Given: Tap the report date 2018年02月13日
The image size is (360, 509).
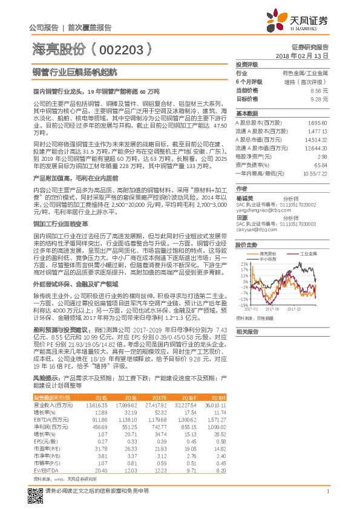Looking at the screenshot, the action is click(309, 55).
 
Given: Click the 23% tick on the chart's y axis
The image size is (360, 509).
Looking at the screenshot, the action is click(243, 264).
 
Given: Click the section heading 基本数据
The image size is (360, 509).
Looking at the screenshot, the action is click(247, 113).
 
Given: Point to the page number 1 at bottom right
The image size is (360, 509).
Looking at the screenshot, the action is click(327, 491).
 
